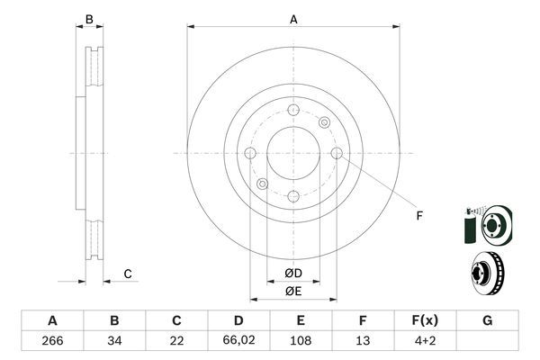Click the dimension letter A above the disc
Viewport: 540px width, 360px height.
[293, 18]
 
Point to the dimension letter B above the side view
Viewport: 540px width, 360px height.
[88, 19]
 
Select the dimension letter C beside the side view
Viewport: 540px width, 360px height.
[128, 274]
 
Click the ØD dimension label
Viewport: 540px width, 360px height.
[293, 273]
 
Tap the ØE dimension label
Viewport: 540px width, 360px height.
[293, 290]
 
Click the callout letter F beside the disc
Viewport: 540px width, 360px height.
[418, 214]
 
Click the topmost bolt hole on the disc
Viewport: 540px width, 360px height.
[293, 110]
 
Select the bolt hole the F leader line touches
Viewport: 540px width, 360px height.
[337, 154]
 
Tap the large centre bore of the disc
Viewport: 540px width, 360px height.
[293, 153]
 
